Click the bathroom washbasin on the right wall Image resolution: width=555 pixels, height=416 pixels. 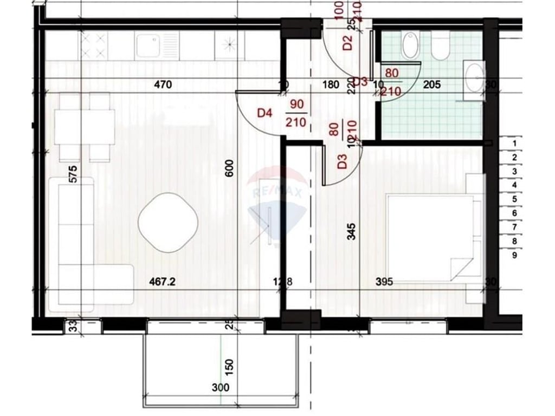point(474,79)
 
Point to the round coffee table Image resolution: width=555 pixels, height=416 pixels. point(167,222)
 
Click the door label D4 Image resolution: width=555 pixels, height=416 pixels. point(264,113)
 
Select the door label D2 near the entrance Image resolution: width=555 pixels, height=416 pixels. point(348,42)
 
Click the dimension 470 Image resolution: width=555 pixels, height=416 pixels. point(163,84)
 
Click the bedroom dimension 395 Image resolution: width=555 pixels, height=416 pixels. point(384,282)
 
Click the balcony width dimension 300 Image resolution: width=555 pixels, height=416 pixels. point(221,388)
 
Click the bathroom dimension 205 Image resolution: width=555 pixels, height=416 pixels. point(432,84)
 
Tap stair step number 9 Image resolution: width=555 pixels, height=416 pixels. point(514,255)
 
